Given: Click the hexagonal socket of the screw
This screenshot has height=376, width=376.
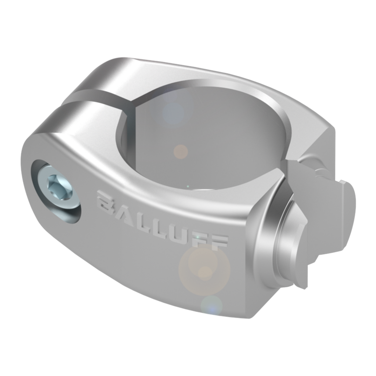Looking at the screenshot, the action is (56, 186).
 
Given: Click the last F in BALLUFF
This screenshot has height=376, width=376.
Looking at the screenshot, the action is (219, 240).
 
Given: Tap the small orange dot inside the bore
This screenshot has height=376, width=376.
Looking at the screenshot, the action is (180, 151).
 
